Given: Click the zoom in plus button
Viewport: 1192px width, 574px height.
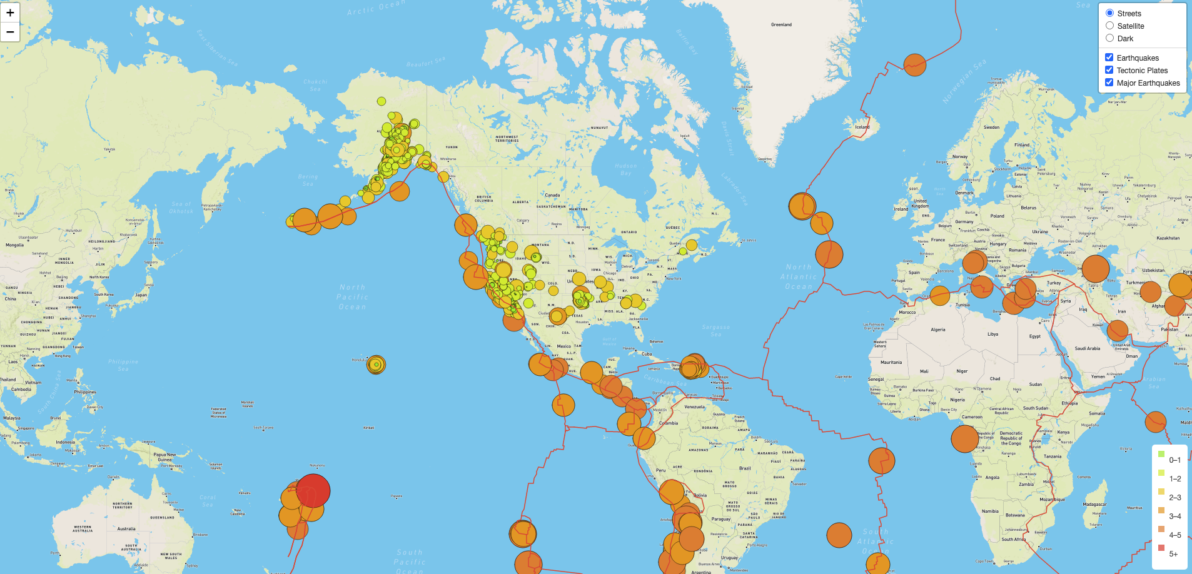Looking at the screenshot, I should pyautogui.click(x=10, y=13).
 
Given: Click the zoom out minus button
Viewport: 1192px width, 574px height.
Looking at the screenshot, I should pyautogui.click(x=10, y=32).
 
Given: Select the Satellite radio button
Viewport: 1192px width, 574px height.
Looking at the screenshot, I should pyautogui.click(x=1109, y=26).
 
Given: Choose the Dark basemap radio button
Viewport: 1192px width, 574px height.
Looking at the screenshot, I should pyautogui.click(x=1109, y=38).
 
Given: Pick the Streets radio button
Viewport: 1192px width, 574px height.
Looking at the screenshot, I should pyautogui.click(x=1109, y=13).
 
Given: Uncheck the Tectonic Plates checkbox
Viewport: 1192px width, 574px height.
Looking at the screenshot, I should pyautogui.click(x=1109, y=70).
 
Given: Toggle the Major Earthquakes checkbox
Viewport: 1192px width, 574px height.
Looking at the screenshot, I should pyautogui.click(x=1109, y=83).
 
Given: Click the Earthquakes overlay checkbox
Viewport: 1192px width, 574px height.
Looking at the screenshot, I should pyautogui.click(x=1109, y=58).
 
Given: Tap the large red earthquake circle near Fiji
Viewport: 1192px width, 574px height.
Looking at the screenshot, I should pyautogui.click(x=313, y=490).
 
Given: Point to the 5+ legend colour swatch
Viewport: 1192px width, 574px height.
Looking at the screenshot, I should pyautogui.click(x=1161, y=548).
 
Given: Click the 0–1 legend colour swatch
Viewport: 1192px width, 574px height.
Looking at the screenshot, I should pyautogui.click(x=1161, y=454).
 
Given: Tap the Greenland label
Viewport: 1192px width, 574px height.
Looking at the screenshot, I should pyautogui.click(x=781, y=25).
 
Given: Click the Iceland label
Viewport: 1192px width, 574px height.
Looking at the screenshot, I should pyautogui.click(x=862, y=127).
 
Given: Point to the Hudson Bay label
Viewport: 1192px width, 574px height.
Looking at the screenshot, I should pyautogui.click(x=626, y=169).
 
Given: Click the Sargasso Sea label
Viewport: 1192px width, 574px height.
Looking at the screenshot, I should pyautogui.click(x=715, y=330).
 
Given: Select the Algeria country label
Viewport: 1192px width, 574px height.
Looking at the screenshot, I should pyautogui.click(x=937, y=330).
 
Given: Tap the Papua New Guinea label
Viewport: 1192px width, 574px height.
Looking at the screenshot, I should pyautogui.click(x=164, y=457).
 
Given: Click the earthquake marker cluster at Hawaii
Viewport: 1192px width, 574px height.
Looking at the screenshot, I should pyautogui.click(x=376, y=365).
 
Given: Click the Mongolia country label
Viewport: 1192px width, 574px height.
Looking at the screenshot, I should pyautogui.click(x=15, y=245).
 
